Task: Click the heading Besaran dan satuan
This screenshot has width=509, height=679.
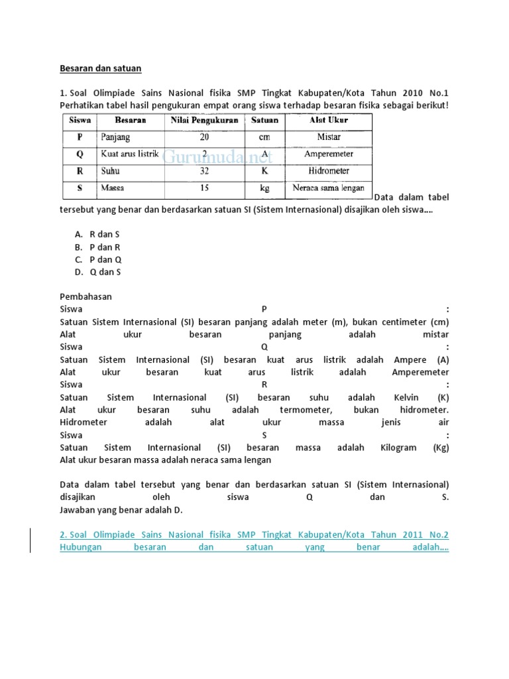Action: pyautogui.click(x=101, y=68)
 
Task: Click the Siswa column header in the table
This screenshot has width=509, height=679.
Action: pyautogui.click(x=80, y=121)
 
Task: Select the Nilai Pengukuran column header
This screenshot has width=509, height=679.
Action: pyautogui.click(x=204, y=121)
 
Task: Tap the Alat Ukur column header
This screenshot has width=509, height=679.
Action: pyautogui.click(x=329, y=121)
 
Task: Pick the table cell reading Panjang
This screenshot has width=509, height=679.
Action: pyautogui.click(x=116, y=137)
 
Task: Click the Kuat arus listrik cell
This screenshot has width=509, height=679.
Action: pyautogui.click(x=129, y=154)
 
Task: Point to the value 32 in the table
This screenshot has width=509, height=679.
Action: pyautogui.click(x=204, y=171)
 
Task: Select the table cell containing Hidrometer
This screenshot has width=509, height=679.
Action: pyautogui.click(x=329, y=171)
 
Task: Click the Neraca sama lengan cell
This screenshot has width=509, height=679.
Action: pyautogui.click(x=329, y=188)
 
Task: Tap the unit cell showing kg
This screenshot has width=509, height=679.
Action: pyautogui.click(x=265, y=188)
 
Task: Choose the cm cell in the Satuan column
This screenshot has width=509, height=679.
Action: pyautogui.click(x=265, y=137)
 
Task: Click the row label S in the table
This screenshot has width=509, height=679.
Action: pyautogui.click(x=80, y=188)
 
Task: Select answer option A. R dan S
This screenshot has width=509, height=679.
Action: pyautogui.click(x=97, y=234)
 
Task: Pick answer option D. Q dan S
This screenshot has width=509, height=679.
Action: pyautogui.click(x=97, y=272)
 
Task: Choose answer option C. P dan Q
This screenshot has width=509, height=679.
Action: pyautogui.click(x=97, y=259)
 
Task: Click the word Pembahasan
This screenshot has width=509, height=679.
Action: pyautogui.click(x=85, y=296)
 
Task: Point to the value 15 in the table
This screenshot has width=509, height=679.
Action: pyautogui.click(x=204, y=188)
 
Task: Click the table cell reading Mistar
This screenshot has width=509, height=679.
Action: pyautogui.click(x=329, y=137)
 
